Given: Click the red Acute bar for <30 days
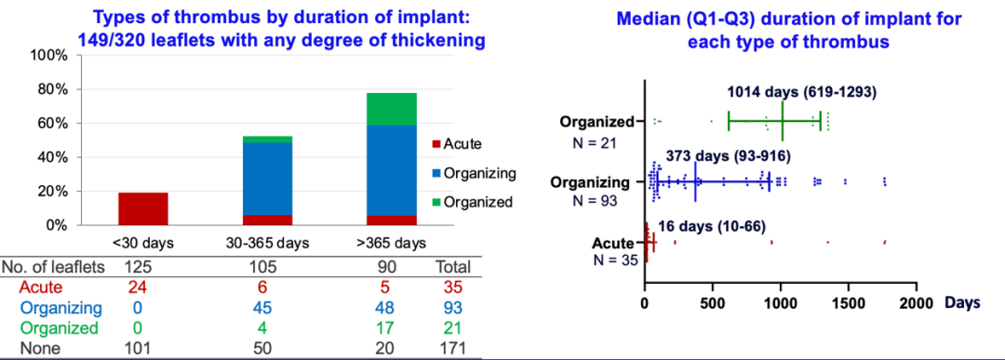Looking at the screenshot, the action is pos(143,208).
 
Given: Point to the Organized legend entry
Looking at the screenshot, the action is pos(473,203).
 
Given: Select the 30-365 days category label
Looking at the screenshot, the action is pos(267,244).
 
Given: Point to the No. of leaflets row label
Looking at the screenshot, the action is pos(54,266).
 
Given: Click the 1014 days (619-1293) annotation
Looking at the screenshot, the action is pos(802,91).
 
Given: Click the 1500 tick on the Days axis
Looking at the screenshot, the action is pos(850,301).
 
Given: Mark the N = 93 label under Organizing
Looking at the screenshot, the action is pos(596,200).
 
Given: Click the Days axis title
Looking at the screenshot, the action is pos(960,301).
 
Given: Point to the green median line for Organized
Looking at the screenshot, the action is pos(782,122).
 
